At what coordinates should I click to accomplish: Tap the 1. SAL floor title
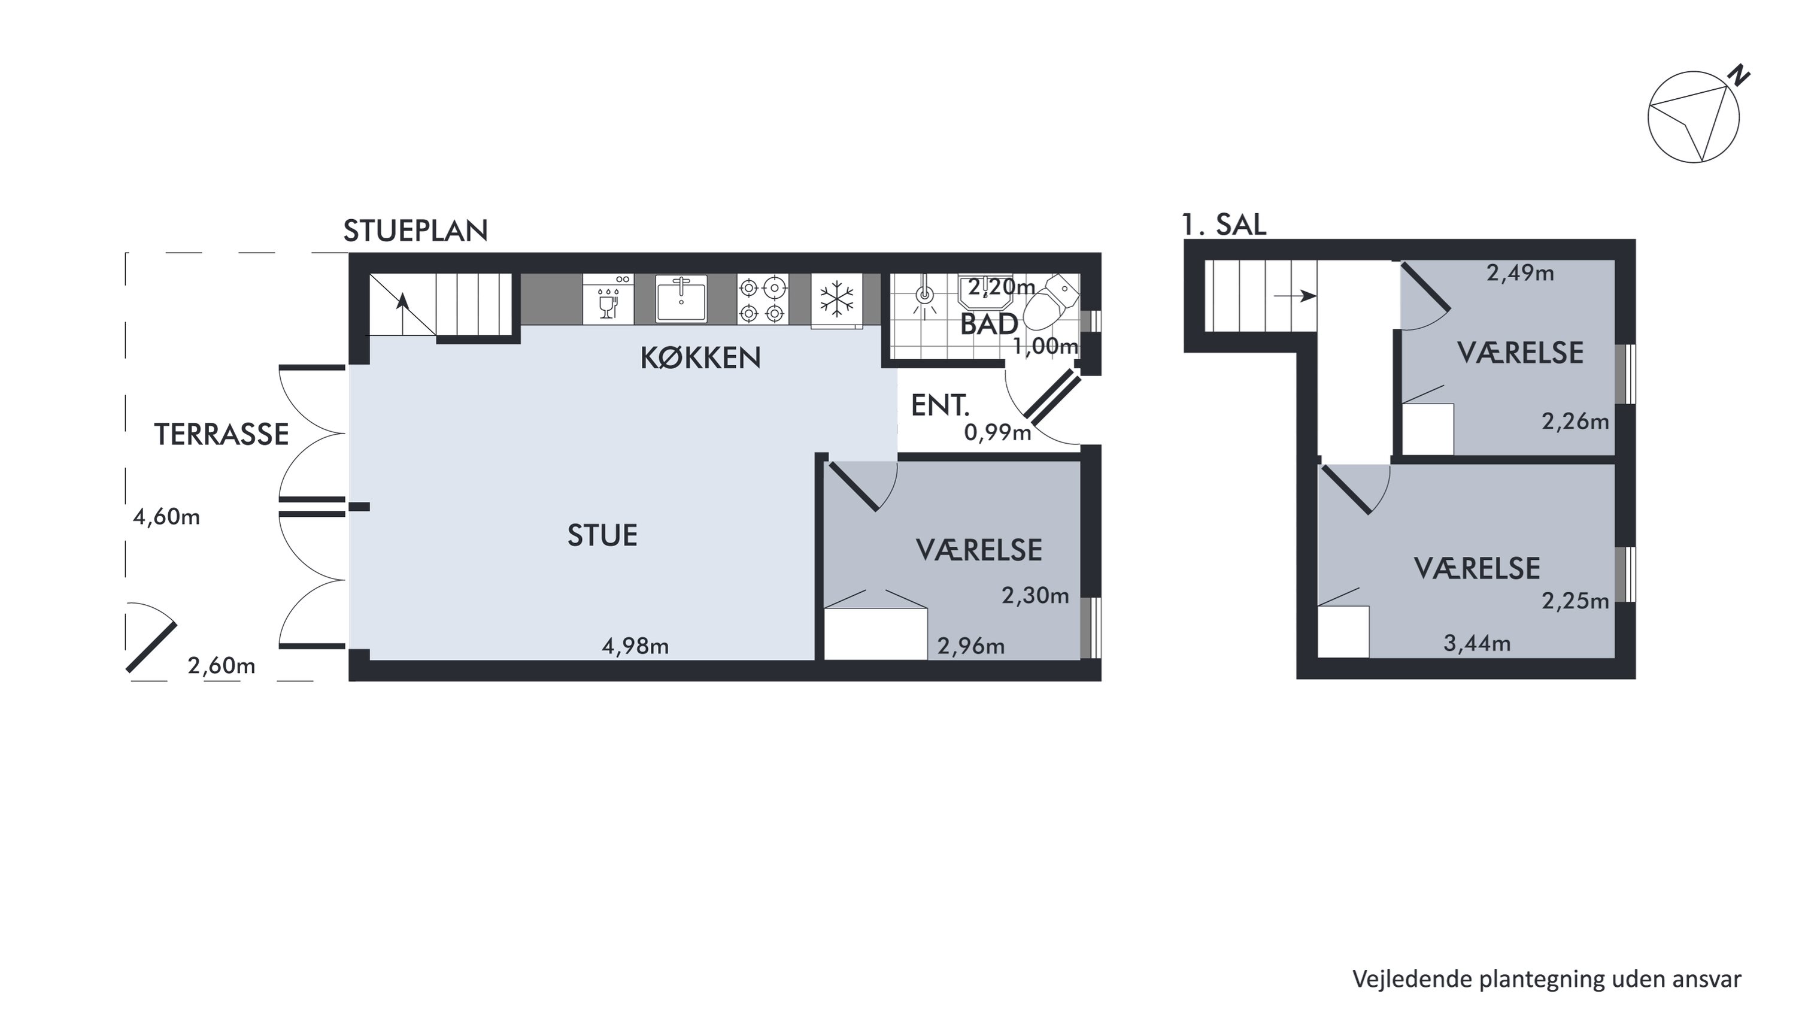coord(1224,225)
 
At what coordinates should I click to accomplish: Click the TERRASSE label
coord(222,434)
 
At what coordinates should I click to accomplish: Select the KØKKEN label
coord(700,357)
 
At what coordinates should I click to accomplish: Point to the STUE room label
coord(602,535)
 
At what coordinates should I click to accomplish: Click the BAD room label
coord(988,324)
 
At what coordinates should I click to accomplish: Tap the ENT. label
coord(941,405)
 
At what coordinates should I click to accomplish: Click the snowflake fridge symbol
coord(837,300)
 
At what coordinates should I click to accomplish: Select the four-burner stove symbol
coord(762,299)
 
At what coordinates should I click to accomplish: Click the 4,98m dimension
coord(635,646)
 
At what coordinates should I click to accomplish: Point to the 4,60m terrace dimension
coord(166,517)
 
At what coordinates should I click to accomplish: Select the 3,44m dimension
coord(1477,643)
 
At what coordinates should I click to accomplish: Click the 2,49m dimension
coord(1521,272)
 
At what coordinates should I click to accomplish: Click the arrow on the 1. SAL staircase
coord(1295,296)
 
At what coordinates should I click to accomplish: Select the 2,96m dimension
coord(971,646)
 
